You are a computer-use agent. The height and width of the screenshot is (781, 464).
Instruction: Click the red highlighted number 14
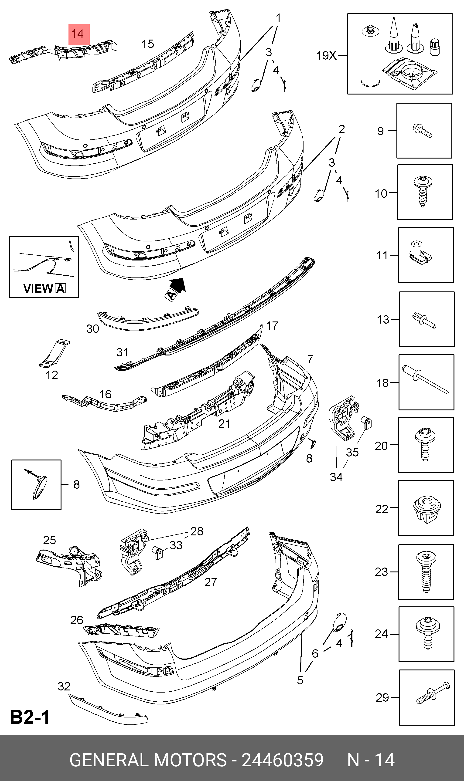[78, 34]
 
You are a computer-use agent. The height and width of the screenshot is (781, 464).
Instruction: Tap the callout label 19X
[326, 56]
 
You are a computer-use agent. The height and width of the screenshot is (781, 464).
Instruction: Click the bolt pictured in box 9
[422, 131]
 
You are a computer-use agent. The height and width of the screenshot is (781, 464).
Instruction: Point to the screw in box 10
[423, 191]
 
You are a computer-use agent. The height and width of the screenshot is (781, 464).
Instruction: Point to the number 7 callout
[310, 359]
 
